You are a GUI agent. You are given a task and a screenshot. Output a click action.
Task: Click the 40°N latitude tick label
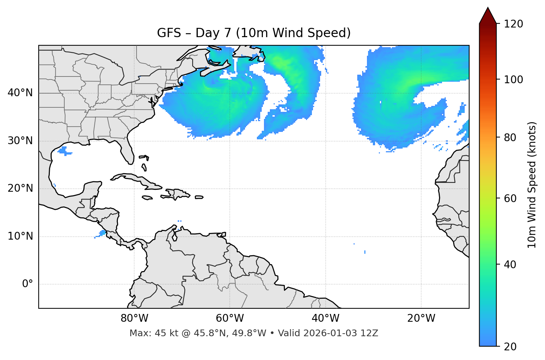(x=20, y=93)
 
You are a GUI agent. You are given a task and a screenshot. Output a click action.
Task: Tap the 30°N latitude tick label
(x=20, y=141)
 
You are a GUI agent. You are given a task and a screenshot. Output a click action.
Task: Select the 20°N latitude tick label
(x=20, y=188)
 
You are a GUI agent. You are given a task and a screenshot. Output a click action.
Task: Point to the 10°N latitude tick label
(x=20, y=236)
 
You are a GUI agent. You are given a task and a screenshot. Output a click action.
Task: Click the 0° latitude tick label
(x=28, y=284)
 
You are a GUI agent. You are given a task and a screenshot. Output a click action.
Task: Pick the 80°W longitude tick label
(x=134, y=318)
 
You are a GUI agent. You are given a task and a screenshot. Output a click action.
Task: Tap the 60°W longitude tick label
(x=230, y=318)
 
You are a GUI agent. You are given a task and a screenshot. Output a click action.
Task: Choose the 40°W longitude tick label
(x=325, y=318)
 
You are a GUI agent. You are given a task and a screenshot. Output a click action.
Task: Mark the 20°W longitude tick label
(x=421, y=318)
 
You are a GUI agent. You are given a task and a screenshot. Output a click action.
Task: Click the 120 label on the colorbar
(x=513, y=24)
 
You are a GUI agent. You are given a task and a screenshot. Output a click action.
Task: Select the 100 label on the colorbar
(x=513, y=80)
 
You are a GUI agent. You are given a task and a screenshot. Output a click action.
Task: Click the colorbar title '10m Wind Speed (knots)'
(x=532, y=185)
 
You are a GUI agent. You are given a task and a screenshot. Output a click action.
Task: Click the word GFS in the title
(x=169, y=33)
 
